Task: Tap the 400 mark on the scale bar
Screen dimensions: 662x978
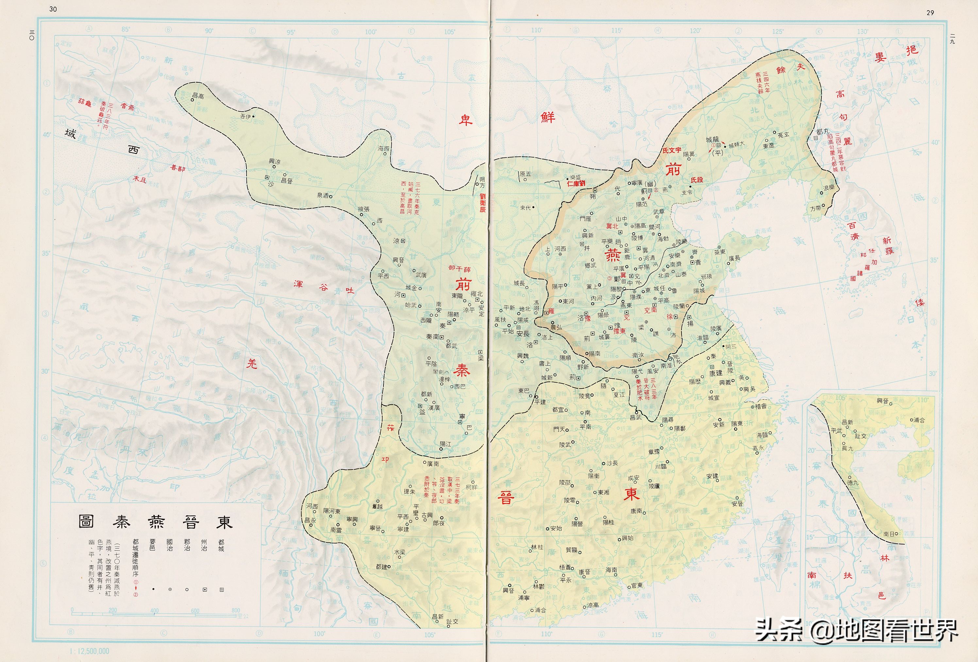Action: coord(154,611)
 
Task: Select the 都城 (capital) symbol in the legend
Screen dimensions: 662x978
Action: coord(221,590)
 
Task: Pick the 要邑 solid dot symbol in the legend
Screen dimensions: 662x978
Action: coord(153,590)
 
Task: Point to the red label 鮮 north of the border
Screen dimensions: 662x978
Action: coord(548,117)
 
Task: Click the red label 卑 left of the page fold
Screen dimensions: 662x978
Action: coord(465,121)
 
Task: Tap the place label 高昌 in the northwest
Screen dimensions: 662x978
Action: coord(198,96)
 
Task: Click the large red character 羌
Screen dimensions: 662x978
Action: coord(251,363)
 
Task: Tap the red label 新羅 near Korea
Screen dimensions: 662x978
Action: coord(887,246)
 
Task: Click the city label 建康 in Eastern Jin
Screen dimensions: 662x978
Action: coord(716,373)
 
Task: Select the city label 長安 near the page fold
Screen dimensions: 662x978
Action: coord(523,334)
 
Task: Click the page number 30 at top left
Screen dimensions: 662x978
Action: coord(53,9)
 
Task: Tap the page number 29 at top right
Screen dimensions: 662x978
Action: coord(930,13)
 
